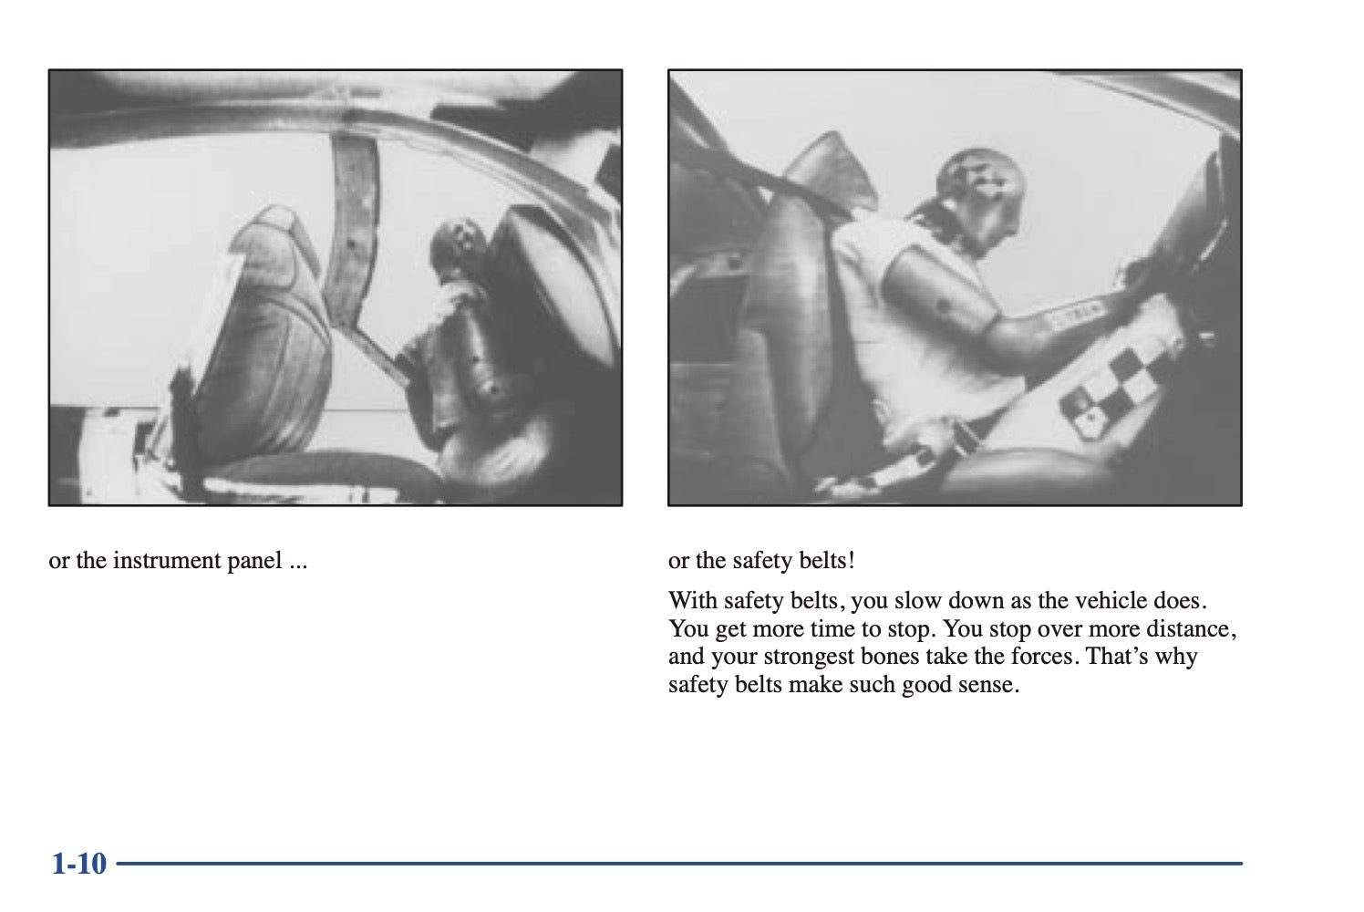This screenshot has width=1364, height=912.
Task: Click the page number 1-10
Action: (79, 864)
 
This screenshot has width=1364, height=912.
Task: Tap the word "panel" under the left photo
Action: (254, 561)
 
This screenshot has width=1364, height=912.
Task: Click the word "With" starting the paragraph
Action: (692, 601)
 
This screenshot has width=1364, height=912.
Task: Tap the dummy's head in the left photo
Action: (456, 247)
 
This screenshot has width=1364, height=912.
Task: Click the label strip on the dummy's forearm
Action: (1077, 314)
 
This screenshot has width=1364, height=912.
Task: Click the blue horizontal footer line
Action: (679, 864)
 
